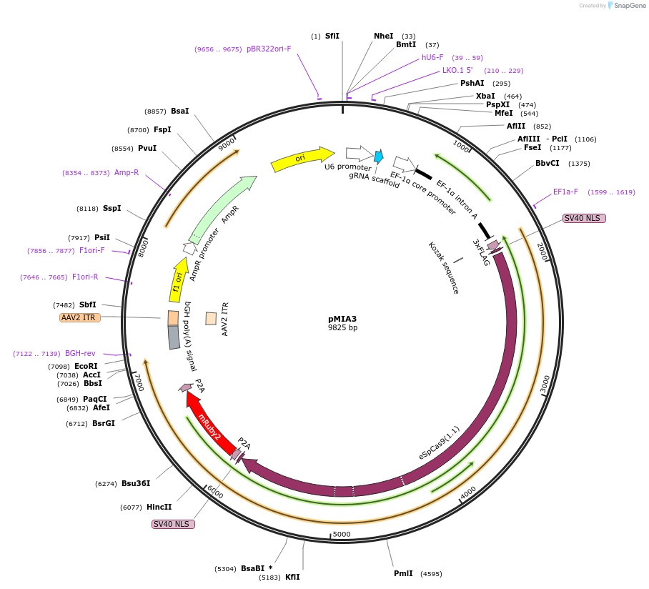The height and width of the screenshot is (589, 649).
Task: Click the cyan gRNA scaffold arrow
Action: coord(379,157)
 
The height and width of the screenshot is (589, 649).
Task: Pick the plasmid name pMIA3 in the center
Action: coord(342,319)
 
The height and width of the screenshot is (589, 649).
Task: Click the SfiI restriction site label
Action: coord(332,36)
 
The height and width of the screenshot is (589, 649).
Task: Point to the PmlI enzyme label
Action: coord(403,573)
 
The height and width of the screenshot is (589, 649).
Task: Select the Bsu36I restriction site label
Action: coord(136,483)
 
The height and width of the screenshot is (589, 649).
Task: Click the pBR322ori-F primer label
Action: coord(269,49)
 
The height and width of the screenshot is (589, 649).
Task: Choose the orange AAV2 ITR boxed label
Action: coord(80,317)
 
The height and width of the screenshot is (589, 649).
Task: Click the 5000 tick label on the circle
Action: coord(342,534)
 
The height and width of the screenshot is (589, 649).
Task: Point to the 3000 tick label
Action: coord(545,384)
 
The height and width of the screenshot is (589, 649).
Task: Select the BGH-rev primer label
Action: coord(80,353)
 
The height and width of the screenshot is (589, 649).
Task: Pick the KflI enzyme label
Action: coord(292,577)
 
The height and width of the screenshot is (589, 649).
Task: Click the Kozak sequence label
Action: coord(444,268)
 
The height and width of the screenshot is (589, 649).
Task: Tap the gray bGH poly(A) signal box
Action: coord(174,337)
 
